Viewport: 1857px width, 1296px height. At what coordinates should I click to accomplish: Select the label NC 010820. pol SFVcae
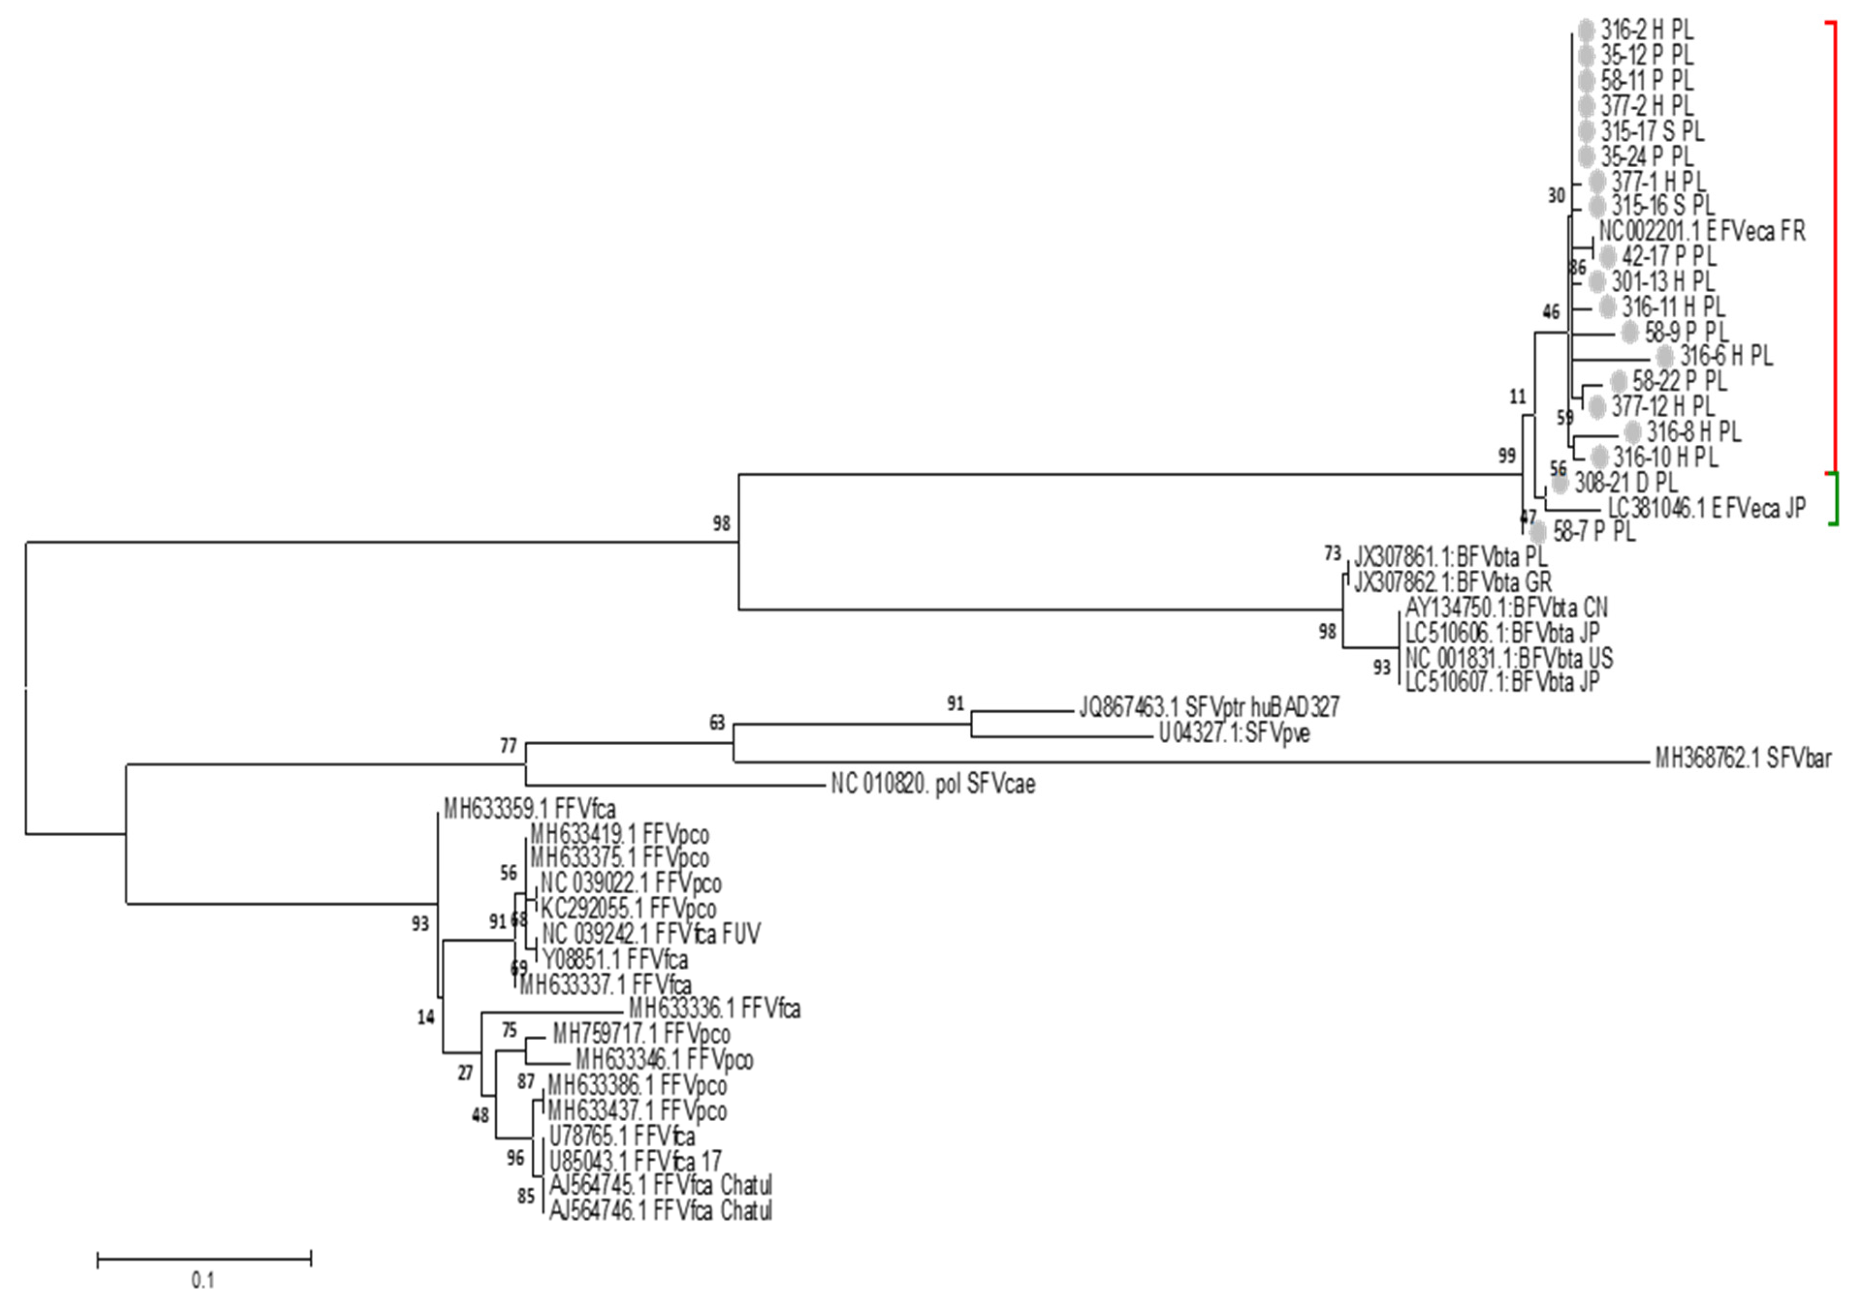[x=933, y=784]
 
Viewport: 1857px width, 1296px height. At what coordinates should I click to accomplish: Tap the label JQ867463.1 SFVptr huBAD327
[x=1208, y=707]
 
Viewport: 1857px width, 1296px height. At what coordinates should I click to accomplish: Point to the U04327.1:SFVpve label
[x=1234, y=734]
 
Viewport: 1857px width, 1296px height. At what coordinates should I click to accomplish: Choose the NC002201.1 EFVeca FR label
[x=1702, y=231]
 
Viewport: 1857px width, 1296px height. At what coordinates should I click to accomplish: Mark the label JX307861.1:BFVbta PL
[x=1450, y=556]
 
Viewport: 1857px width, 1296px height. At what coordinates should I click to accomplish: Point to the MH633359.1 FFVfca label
[x=530, y=809]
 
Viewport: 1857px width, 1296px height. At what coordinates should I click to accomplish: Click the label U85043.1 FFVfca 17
[x=635, y=1161]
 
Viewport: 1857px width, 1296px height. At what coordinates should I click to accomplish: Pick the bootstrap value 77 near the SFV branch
[x=508, y=746]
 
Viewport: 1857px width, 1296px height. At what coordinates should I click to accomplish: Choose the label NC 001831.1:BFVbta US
[x=1508, y=658]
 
